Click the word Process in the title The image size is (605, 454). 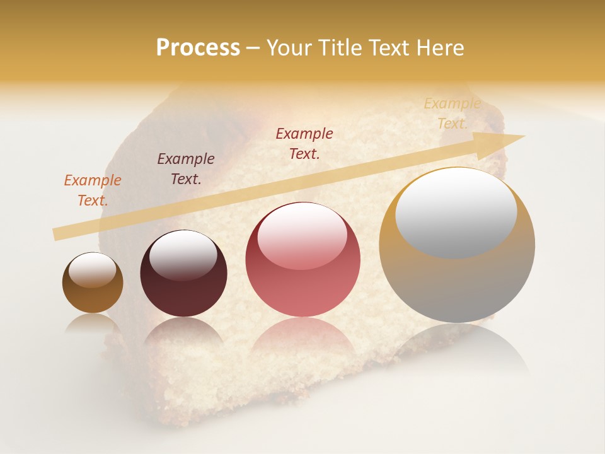coord(198,48)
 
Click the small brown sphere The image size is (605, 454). coord(93,283)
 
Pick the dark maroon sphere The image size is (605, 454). coord(183,274)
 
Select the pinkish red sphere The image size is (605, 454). coord(302,260)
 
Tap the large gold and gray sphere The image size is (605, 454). coord(457,245)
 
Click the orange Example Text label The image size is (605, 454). coord(92,190)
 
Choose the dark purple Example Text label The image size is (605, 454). coord(185,169)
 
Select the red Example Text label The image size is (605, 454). coord(304,144)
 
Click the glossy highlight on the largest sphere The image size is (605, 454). coord(456,213)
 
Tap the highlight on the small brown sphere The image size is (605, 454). coord(92,269)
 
